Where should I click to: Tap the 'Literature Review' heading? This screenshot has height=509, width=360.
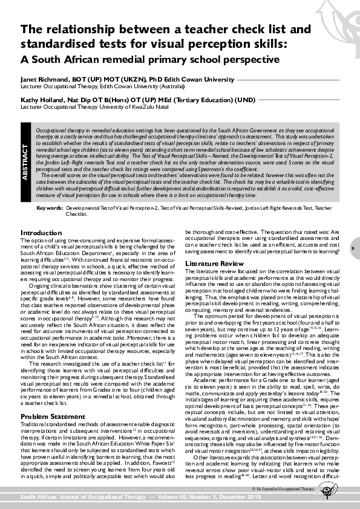point(211,264)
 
